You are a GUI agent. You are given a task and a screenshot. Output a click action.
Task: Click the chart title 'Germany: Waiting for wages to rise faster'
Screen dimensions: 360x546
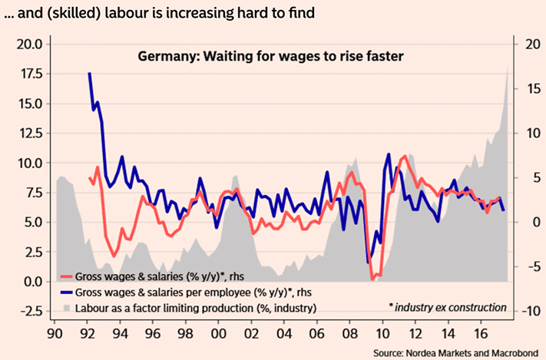point(271,56)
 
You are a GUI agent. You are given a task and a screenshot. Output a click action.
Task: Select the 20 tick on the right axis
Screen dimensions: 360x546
point(530,44)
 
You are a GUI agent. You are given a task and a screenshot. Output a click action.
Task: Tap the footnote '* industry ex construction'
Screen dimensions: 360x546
point(448,307)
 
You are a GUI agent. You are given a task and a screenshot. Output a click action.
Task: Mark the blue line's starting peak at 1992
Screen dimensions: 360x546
point(90,74)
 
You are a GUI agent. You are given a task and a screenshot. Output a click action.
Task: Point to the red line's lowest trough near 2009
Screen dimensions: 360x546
point(373,279)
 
